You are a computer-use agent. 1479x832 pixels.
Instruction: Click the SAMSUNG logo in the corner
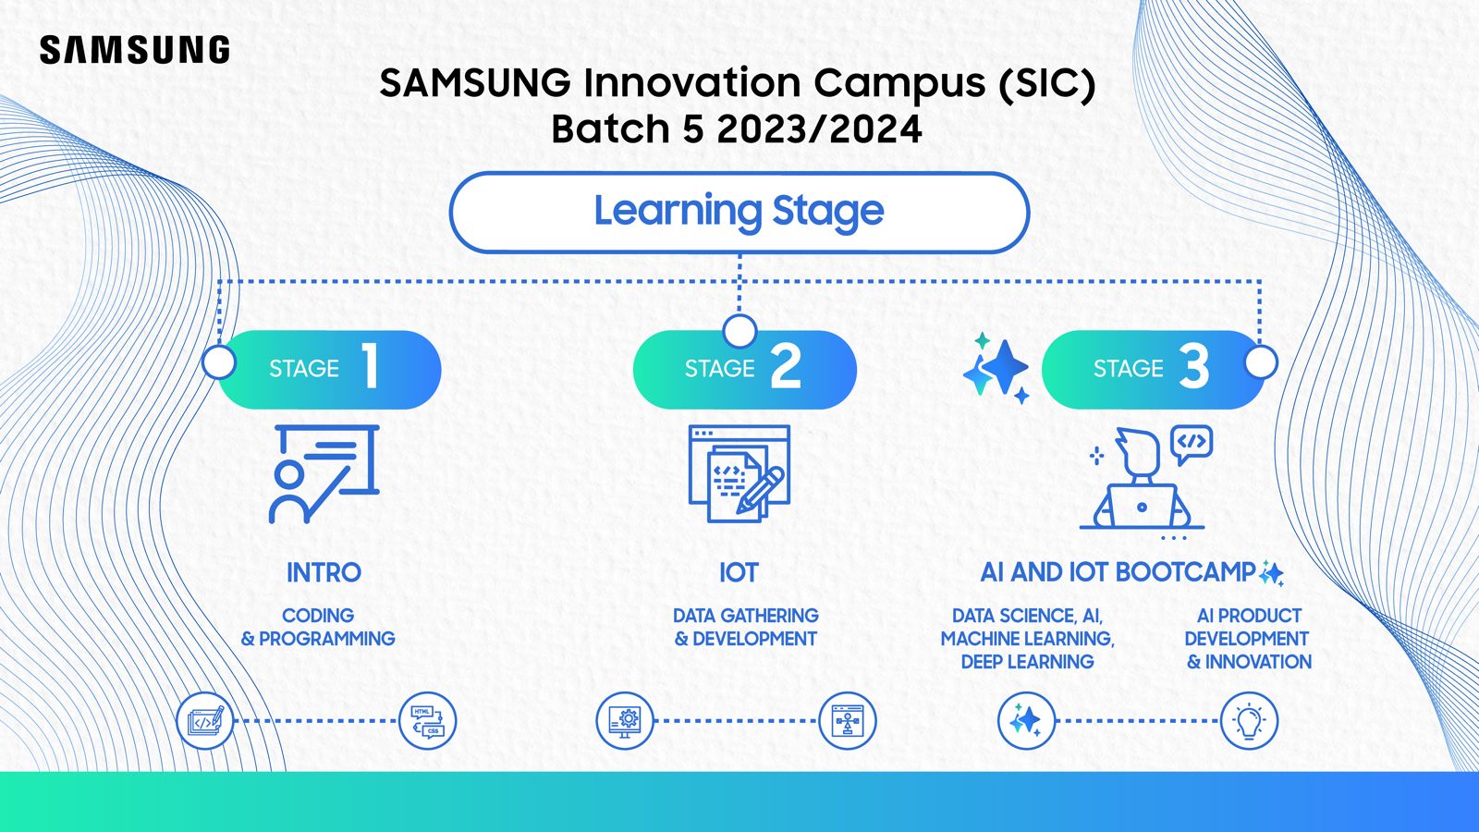click(135, 50)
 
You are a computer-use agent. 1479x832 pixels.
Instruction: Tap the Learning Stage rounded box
click(739, 212)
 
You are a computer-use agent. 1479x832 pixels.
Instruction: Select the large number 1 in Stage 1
click(371, 367)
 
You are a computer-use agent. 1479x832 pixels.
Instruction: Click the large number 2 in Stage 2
click(786, 367)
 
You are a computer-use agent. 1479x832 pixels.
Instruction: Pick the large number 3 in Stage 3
click(1193, 367)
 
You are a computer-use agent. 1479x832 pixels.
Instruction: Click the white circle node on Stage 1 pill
click(219, 361)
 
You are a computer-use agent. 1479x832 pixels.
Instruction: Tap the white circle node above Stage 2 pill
click(739, 330)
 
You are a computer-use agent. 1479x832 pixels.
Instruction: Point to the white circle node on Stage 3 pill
click(1261, 361)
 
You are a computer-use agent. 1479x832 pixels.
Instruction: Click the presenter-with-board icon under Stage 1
click(324, 473)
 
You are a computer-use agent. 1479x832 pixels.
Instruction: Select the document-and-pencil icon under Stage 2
click(739, 473)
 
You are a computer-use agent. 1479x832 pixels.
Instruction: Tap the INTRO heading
click(324, 572)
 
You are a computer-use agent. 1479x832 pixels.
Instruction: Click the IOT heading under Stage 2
click(739, 572)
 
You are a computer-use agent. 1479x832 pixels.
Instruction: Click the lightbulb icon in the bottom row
click(1249, 721)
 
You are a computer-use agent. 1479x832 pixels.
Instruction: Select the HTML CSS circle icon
click(427, 721)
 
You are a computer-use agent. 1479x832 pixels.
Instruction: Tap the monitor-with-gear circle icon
click(625, 721)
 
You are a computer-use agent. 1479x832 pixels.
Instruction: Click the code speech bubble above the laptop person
click(1191, 443)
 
